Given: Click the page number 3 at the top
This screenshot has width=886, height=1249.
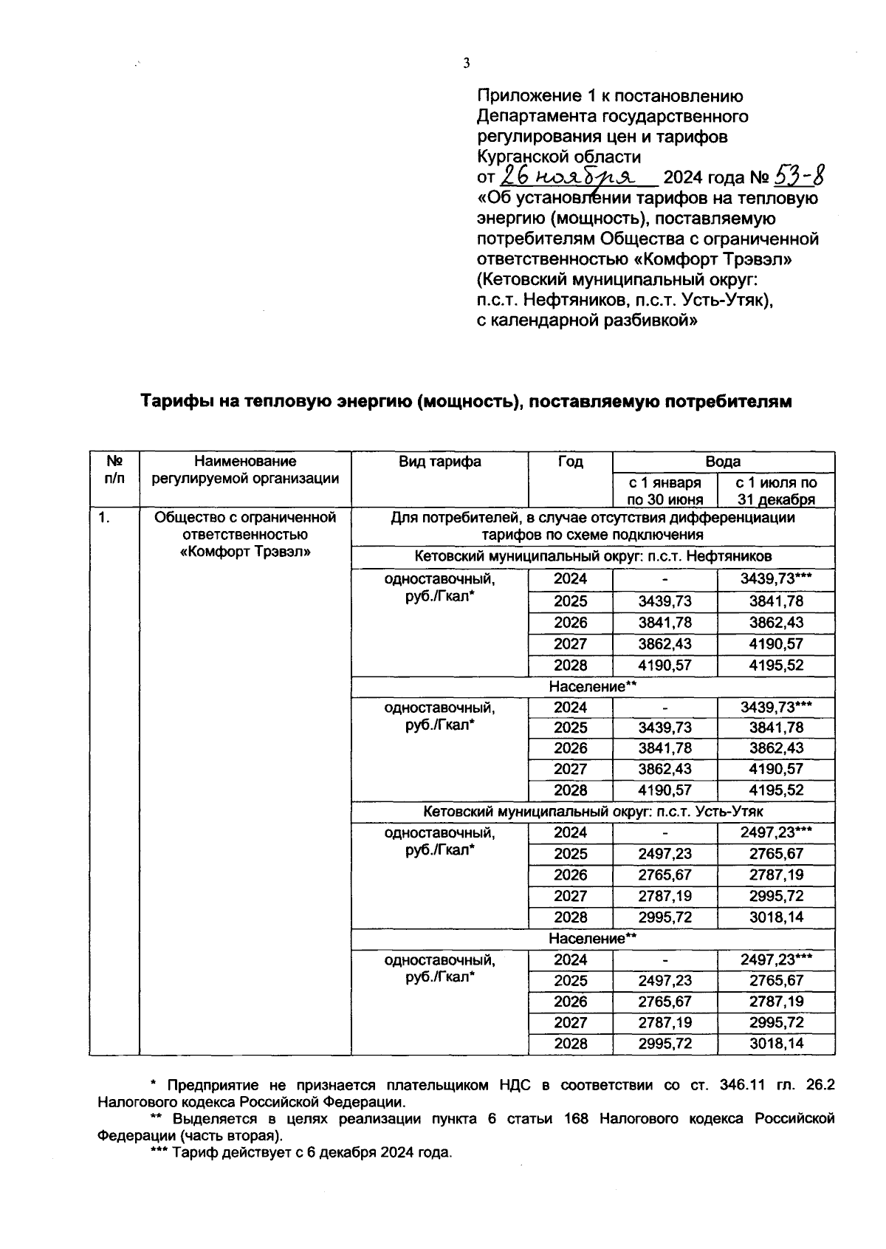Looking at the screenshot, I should (x=466, y=64).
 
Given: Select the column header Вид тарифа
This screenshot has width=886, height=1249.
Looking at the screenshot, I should (x=440, y=462).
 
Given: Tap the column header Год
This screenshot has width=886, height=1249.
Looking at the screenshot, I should (x=570, y=462).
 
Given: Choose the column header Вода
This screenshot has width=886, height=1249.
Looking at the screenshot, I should (x=723, y=462).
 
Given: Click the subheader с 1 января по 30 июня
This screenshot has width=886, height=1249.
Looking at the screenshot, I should (x=664, y=490).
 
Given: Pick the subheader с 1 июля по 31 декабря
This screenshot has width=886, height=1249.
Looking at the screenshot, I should (x=776, y=490).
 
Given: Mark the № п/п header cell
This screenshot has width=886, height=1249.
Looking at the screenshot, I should (x=114, y=470).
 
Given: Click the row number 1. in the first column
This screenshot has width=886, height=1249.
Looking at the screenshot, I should (x=105, y=518).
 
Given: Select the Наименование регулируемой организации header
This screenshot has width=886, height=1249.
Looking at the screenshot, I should (x=245, y=470).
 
